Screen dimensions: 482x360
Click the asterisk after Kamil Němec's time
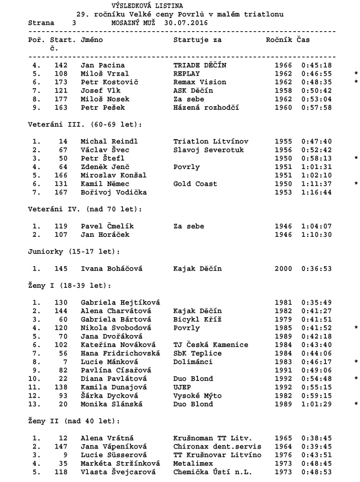356,184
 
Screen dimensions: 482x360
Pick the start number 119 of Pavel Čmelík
59,227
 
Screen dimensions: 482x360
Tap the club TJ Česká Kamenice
210,346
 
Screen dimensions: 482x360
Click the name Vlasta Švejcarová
116,473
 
